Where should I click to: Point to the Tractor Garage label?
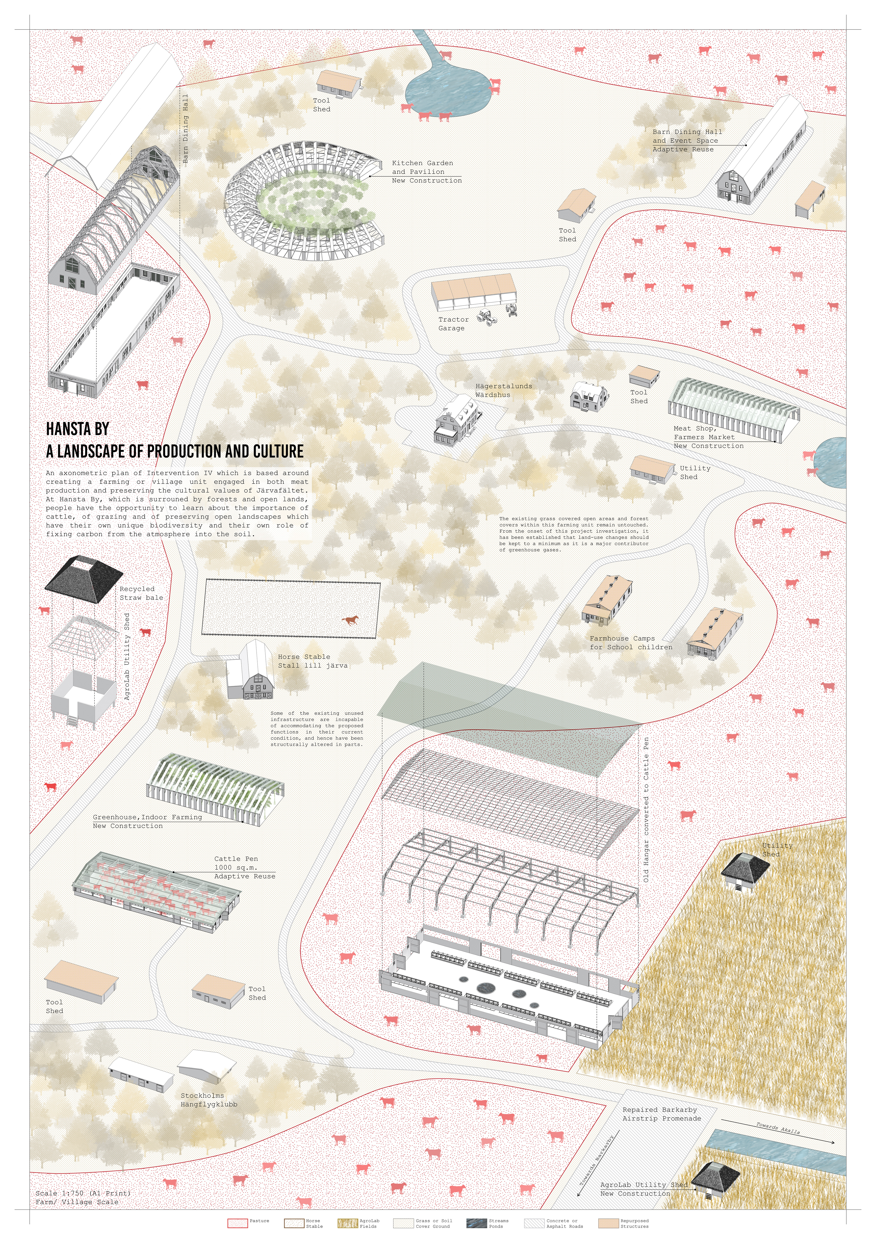(x=453, y=324)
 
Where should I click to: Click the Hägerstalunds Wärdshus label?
(x=503, y=390)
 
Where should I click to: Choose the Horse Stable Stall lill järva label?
(x=312, y=661)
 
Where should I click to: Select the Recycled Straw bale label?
(x=141, y=593)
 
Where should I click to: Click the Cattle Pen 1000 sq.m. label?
(x=244, y=867)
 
